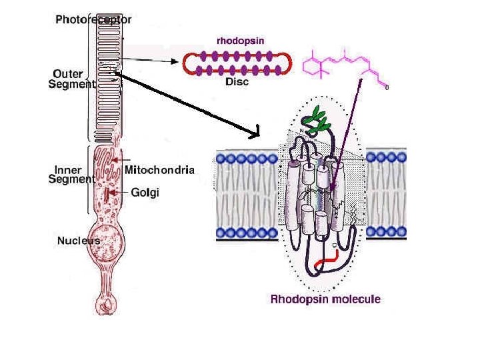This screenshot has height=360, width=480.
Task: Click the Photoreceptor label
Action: (93, 19)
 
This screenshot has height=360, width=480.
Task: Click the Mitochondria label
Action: (160, 170)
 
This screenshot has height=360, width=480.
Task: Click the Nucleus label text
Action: (78, 241)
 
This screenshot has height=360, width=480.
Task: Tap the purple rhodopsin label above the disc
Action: (241, 40)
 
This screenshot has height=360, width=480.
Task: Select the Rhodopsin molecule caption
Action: (325, 299)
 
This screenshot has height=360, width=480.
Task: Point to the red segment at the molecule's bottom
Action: (327, 265)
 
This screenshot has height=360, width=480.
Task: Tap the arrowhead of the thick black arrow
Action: (255, 134)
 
